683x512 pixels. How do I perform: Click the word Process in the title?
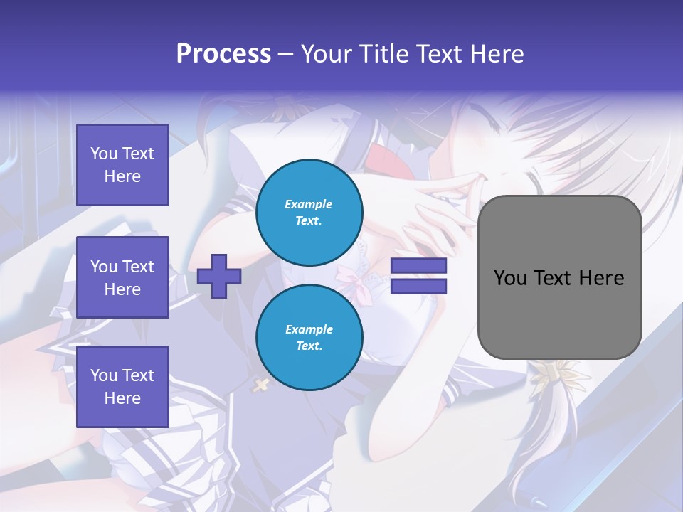(223, 54)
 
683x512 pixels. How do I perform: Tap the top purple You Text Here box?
(122, 165)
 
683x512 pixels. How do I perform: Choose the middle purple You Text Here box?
(122, 277)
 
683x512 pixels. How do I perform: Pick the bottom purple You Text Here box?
(122, 386)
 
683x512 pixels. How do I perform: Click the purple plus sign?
(219, 277)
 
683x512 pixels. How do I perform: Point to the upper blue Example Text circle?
(309, 213)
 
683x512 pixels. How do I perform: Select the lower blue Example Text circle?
(309, 338)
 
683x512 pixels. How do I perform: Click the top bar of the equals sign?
(418, 266)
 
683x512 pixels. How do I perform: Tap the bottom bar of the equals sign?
(418, 287)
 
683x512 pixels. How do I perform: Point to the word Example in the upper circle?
(309, 205)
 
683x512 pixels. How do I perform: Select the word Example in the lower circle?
(309, 330)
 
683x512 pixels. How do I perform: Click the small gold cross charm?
(261, 385)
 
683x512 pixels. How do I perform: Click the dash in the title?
(285, 54)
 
